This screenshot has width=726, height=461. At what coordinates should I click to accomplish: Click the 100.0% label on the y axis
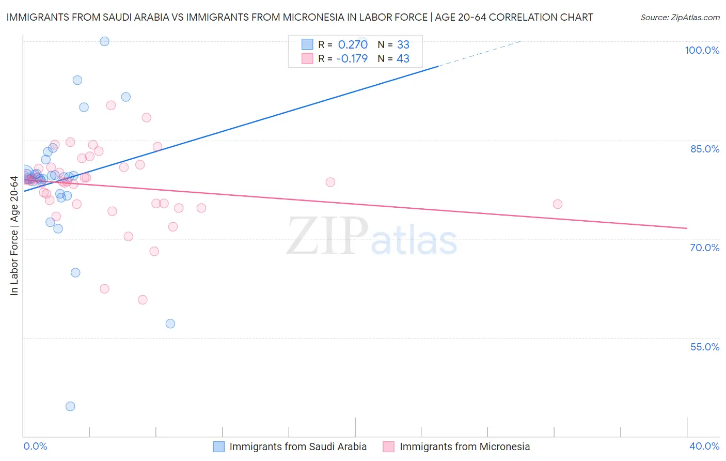[702, 50]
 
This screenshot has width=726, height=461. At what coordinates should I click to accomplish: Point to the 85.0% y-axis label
[705, 149]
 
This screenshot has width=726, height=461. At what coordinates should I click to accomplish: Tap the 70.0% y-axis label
[704, 248]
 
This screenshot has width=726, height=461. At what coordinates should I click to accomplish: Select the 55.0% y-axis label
[704, 347]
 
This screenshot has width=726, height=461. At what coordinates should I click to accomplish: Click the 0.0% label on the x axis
[35, 446]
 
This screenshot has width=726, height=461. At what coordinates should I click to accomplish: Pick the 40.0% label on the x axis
[704, 446]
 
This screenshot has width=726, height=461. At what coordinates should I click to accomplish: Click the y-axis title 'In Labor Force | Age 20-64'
[14, 236]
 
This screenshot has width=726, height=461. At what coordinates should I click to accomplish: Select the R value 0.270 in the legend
[353, 44]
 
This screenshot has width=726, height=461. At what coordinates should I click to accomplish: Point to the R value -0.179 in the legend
[352, 58]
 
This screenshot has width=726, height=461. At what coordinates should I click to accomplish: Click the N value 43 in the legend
[403, 58]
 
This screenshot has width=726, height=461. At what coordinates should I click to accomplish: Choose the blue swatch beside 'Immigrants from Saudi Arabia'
[219, 447]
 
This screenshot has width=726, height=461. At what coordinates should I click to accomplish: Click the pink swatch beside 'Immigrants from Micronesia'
[389, 447]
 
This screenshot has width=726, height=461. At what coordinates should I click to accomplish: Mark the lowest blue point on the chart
[70, 406]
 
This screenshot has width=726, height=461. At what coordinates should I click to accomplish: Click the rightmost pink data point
[558, 204]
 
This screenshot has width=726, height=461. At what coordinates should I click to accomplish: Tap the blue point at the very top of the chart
[104, 41]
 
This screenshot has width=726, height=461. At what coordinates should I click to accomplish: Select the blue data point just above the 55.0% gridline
[170, 324]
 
